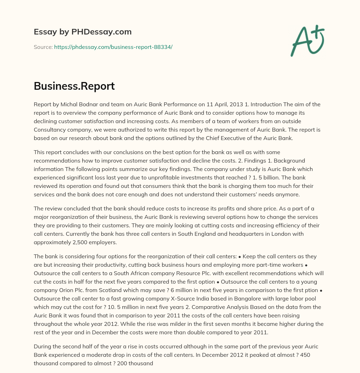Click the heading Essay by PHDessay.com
(83, 32)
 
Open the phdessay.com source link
(113, 47)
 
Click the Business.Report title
(74, 86)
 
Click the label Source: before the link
(43, 47)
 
